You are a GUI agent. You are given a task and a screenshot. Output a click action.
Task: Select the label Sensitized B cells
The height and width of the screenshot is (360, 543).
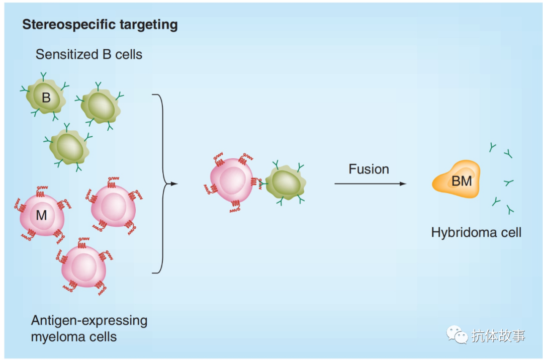coord(88,54)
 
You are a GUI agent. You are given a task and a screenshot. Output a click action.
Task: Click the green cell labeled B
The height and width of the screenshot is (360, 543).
coord(46,97)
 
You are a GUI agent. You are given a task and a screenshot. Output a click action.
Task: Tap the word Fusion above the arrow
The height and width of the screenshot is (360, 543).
coord(369,169)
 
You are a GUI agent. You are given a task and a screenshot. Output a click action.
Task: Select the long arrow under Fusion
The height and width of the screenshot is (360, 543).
coord(370,184)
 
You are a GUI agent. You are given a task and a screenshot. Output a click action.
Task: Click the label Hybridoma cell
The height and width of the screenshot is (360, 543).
coord(476,232)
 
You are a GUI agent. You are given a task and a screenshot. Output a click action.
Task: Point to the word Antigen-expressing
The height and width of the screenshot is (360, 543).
coord(89,320)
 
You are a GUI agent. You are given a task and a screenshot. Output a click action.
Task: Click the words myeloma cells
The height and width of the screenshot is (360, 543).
coord(73,337)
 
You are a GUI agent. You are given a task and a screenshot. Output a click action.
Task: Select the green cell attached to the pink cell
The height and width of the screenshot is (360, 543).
coord(285,184)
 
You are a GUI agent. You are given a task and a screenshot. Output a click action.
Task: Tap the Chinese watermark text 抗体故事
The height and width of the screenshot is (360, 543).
coord(498,335)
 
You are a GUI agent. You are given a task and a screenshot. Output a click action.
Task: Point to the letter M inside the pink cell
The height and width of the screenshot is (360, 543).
coord(42,216)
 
